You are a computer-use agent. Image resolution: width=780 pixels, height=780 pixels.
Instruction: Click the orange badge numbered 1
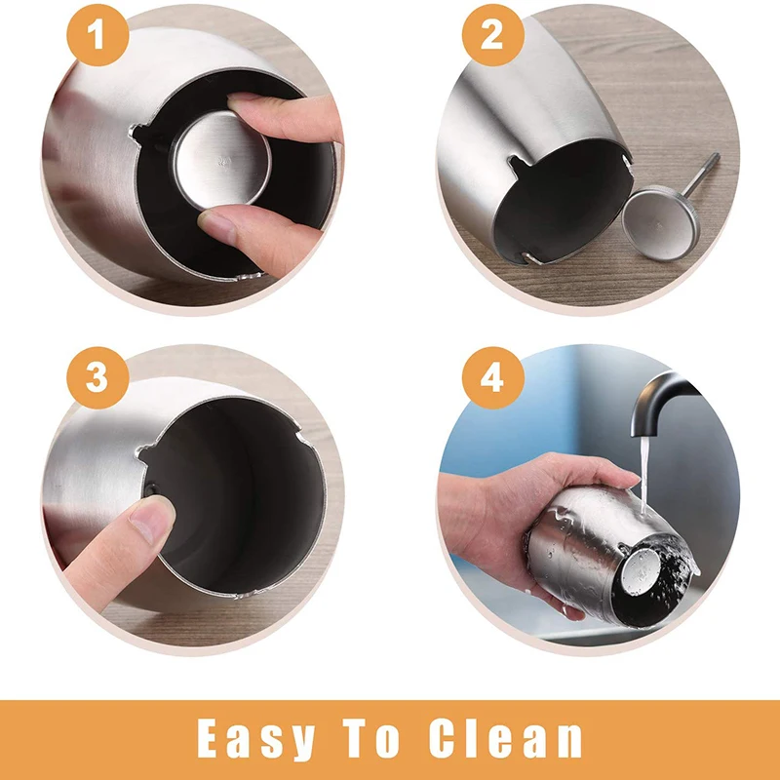(x=97, y=35)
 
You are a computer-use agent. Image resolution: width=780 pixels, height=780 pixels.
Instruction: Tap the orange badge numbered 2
(x=492, y=35)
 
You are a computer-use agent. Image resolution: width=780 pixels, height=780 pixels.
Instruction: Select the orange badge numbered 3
(x=97, y=377)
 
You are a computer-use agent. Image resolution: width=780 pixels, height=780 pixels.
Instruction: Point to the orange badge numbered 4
(x=492, y=377)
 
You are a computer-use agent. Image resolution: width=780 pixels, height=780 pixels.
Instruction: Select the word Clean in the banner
(x=505, y=737)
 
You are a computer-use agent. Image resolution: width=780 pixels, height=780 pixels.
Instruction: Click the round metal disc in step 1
(x=222, y=160)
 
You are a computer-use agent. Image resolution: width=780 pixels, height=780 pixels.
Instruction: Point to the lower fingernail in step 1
(x=215, y=226)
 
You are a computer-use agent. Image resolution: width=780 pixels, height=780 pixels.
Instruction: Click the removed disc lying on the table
(x=661, y=222)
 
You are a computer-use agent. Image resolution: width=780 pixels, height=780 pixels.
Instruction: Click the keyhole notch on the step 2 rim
(x=519, y=164)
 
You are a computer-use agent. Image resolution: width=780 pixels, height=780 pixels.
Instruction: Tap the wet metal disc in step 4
(x=642, y=571)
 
